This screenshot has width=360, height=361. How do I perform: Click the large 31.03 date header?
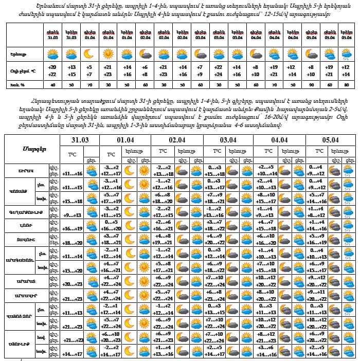click(83, 140)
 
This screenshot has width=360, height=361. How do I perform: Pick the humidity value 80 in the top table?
click(346, 85)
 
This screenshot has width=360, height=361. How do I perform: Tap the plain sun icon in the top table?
click(107, 53)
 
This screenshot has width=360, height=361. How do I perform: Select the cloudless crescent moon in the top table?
click(89, 53)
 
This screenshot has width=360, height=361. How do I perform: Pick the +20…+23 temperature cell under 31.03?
click(72, 284)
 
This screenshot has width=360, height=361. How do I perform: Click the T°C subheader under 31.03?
click(73, 154)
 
